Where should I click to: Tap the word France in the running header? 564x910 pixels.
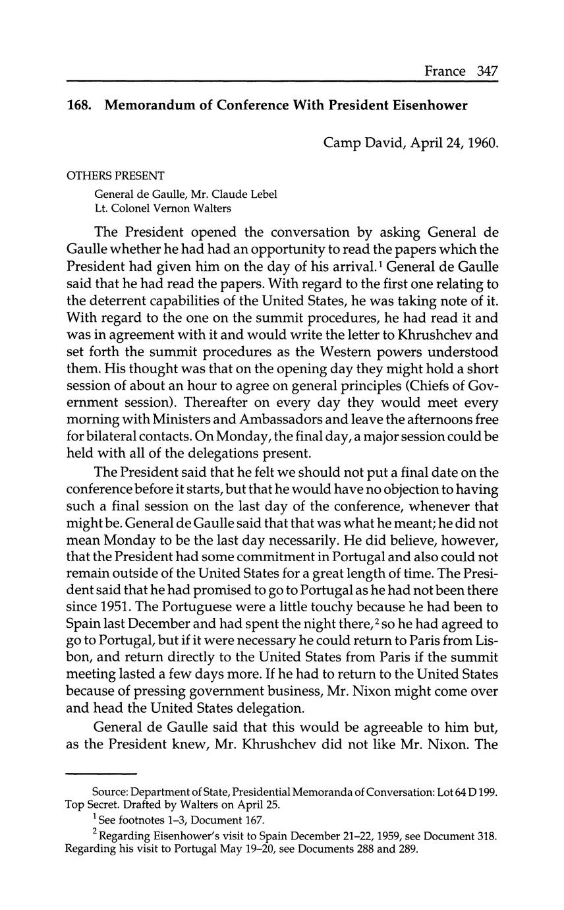click(445, 71)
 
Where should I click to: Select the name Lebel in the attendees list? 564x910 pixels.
click(262, 194)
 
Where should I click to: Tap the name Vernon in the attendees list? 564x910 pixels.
click(175, 208)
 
